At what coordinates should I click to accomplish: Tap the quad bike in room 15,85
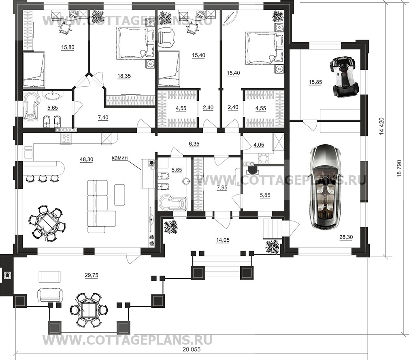tap(342, 78)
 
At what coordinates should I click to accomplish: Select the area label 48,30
tap(86, 160)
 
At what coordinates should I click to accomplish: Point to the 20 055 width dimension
tap(192, 349)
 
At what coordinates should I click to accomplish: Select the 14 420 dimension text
tap(382, 126)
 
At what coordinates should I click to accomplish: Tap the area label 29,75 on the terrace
tap(92, 275)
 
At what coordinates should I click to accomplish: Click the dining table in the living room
tap(47, 224)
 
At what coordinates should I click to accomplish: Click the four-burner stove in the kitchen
tap(66, 138)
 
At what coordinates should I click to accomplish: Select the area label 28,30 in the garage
tap(346, 237)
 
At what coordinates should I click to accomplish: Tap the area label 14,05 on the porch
tap(223, 240)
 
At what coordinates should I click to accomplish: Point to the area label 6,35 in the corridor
tap(194, 144)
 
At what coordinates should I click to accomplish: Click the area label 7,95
tap(222, 187)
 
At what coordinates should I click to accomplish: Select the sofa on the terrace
tap(50, 295)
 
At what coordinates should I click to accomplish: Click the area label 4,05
tap(259, 145)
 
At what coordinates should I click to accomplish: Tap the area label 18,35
tap(124, 76)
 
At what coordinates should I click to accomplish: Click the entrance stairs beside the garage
tap(272, 228)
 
